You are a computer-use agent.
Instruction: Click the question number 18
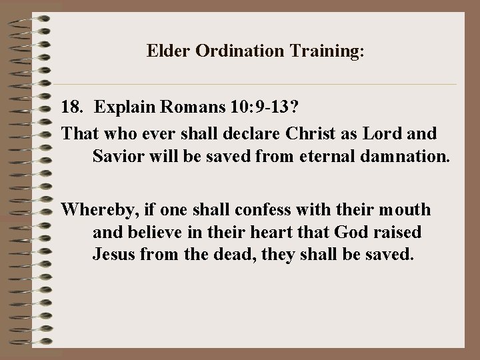[x=71, y=107]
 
